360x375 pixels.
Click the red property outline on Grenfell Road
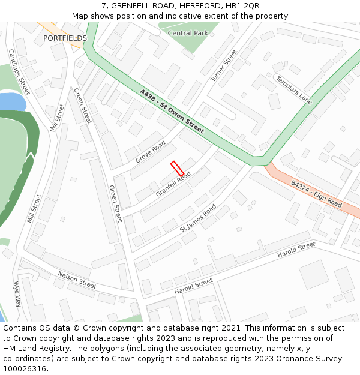pyautogui.click(x=177, y=169)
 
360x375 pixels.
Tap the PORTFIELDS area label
pyautogui.click(x=65, y=38)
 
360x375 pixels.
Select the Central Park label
pyautogui.click(x=188, y=33)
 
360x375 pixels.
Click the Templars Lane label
pyautogui.click(x=293, y=90)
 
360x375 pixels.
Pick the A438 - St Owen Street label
pyautogui.click(x=172, y=112)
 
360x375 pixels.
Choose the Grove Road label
pyautogui.click(x=150, y=152)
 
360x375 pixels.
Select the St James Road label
pyautogui.click(x=198, y=219)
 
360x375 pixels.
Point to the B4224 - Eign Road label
pyautogui.click(x=316, y=194)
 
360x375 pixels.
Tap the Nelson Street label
pyautogui.click(x=77, y=280)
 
